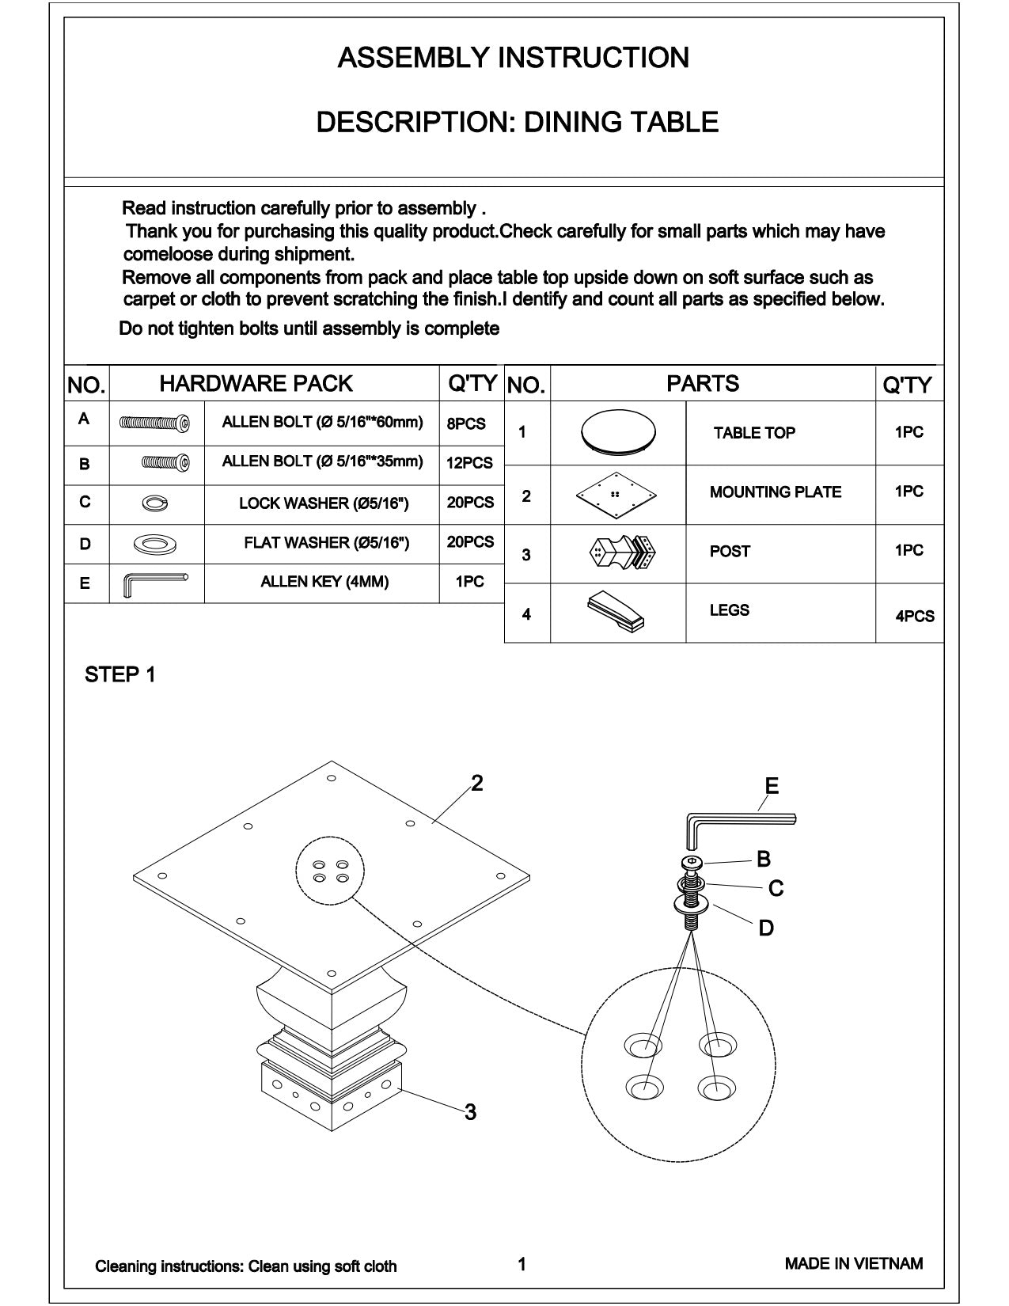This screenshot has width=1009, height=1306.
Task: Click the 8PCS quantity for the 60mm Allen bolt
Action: [466, 423]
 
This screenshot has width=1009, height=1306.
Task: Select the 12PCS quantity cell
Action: [469, 463]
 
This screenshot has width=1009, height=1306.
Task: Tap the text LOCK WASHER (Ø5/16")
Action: [324, 503]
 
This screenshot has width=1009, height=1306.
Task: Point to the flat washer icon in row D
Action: [155, 545]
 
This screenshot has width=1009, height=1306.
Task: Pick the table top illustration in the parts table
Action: [618, 432]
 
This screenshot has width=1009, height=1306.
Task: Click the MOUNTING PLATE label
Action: [775, 492]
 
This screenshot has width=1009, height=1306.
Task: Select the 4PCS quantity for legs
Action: [914, 616]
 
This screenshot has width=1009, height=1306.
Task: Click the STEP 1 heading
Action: [120, 674]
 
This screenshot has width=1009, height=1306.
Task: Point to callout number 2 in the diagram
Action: [476, 783]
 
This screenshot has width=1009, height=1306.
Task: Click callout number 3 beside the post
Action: [471, 1112]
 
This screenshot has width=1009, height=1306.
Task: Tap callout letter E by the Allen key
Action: [772, 785]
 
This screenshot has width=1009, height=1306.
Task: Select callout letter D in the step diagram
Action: [765, 928]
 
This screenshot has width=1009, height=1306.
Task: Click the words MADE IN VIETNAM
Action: [853, 1263]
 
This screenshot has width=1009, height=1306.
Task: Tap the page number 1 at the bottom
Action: [522, 1264]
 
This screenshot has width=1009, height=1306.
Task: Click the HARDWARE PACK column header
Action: [256, 383]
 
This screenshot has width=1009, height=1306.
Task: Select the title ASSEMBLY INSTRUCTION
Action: [513, 58]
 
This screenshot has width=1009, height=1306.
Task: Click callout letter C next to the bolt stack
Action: [776, 888]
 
